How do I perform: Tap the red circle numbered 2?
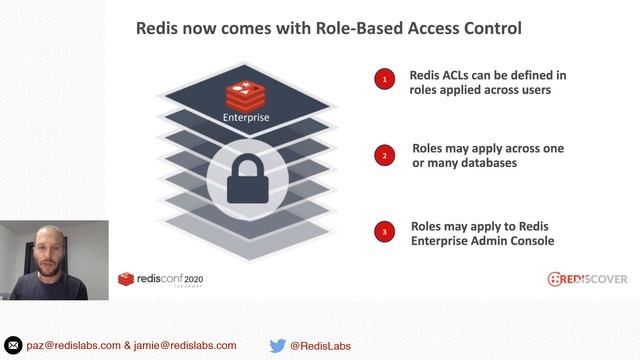point(384,155)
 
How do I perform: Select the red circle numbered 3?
point(384,233)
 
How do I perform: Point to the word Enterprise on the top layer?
point(246,118)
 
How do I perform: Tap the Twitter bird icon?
point(278,346)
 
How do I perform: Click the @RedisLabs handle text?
point(320,346)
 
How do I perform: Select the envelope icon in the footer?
point(14,346)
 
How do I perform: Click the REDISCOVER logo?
point(586,279)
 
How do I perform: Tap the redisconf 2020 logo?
point(160,279)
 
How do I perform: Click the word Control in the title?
point(488,29)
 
